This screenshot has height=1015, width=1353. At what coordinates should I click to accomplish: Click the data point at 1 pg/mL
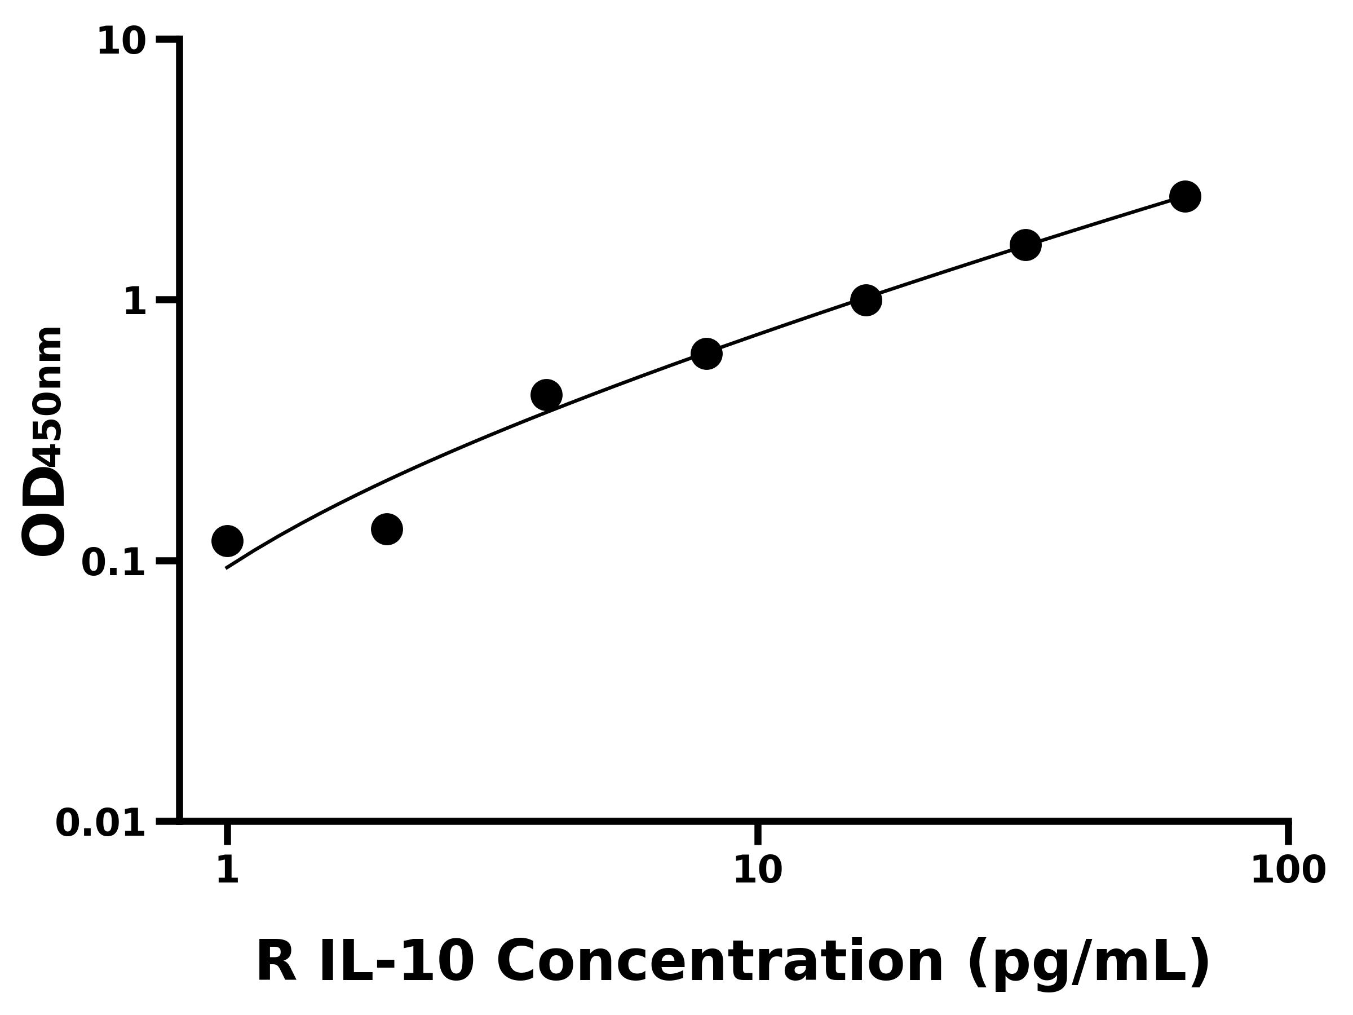(227, 541)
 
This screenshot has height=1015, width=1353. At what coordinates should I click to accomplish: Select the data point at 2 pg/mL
(387, 528)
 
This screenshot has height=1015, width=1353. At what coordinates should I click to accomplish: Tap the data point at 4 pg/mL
(546, 395)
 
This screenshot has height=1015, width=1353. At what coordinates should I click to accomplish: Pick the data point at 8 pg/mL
(706, 354)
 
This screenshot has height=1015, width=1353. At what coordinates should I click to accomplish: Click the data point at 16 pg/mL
(866, 300)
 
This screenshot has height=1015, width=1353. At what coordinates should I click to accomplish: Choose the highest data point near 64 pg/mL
(1186, 196)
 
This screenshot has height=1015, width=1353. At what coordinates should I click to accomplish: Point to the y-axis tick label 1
(135, 302)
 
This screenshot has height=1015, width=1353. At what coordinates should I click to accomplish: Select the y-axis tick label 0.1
(114, 563)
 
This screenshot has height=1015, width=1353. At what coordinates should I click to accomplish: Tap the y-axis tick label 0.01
(101, 823)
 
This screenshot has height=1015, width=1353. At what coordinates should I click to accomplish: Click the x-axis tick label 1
(227, 870)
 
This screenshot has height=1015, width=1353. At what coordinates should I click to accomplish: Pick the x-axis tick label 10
(757, 870)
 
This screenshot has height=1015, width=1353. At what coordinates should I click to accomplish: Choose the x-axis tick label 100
(1288, 870)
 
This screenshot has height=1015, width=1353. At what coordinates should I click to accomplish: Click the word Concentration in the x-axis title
(720, 962)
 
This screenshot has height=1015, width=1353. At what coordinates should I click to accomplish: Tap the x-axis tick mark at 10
(758, 833)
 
